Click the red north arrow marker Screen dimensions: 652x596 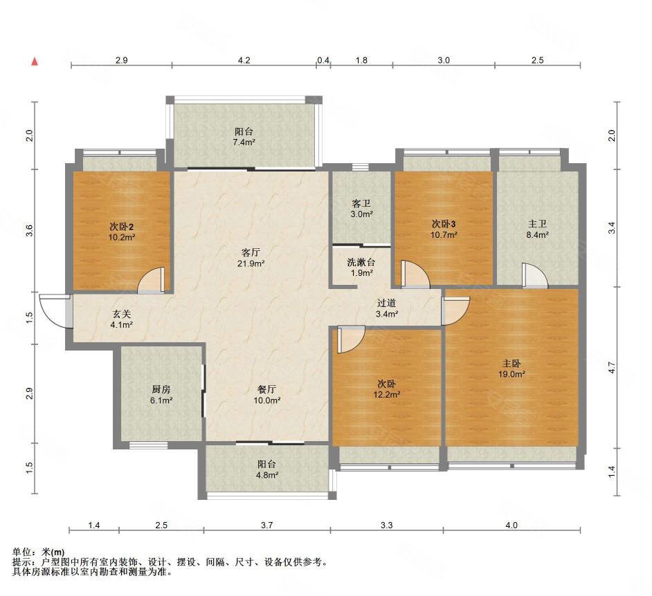click(x=35, y=62)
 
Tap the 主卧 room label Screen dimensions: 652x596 click(x=512, y=364)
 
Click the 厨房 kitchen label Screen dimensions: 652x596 click(x=161, y=389)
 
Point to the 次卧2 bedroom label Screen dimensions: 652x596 click(x=121, y=227)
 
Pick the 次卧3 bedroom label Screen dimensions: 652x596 click(x=444, y=224)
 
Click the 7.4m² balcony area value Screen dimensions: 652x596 click(x=244, y=142)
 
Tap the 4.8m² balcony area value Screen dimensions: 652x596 click(x=267, y=475)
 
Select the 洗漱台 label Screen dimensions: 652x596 click(x=361, y=263)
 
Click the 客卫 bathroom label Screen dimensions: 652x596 click(x=361, y=203)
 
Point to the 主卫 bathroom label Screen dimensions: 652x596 click(x=537, y=224)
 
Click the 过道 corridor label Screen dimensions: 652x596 click(x=386, y=304)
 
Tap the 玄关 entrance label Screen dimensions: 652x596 click(x=121, y=315)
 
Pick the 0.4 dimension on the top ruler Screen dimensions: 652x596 click(x=323, y=61)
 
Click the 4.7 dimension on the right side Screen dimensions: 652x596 click(x=611, y=367)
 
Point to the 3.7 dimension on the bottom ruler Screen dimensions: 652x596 click(x=267, y=525)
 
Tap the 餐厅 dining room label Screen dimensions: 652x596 click(x=267, y=389)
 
